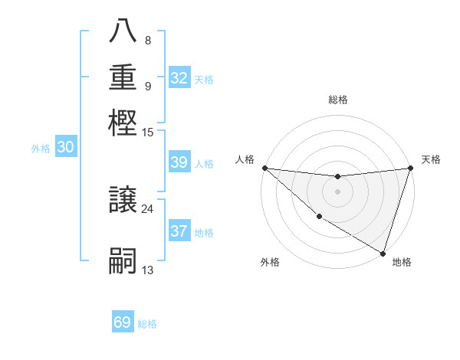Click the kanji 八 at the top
coord(123,32)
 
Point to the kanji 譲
coord(123,200)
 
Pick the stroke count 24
coord(147,208)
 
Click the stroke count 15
coord(147,133)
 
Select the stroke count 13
coord(147,270)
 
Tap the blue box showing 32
coord(179,78)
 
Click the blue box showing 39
coord(179,162)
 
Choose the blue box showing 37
coord(179,231)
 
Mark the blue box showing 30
coord(66,148)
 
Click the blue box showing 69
coord(123,322)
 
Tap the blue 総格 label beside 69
coord(147,324)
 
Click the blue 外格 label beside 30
coord(41,149)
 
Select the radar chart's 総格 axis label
coord(337,100)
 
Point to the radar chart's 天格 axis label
coord(431,159)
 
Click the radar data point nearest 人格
coord(264,168)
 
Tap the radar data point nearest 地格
coord(383,253)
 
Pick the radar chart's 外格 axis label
coord(270,262)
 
